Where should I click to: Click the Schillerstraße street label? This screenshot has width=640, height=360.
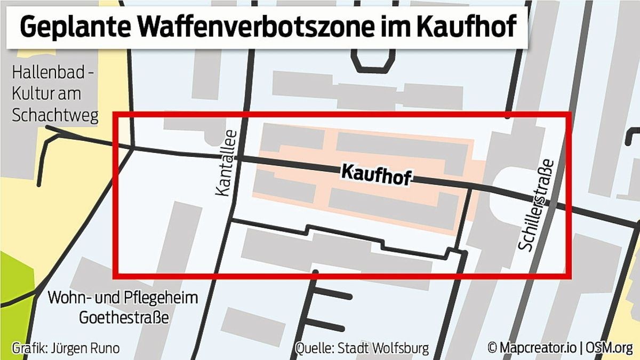coord(537,205)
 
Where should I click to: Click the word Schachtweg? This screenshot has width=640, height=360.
coord(55,115)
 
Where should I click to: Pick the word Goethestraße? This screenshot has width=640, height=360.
coord(124,317)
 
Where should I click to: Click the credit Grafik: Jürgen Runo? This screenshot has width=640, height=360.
coord(65,349)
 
